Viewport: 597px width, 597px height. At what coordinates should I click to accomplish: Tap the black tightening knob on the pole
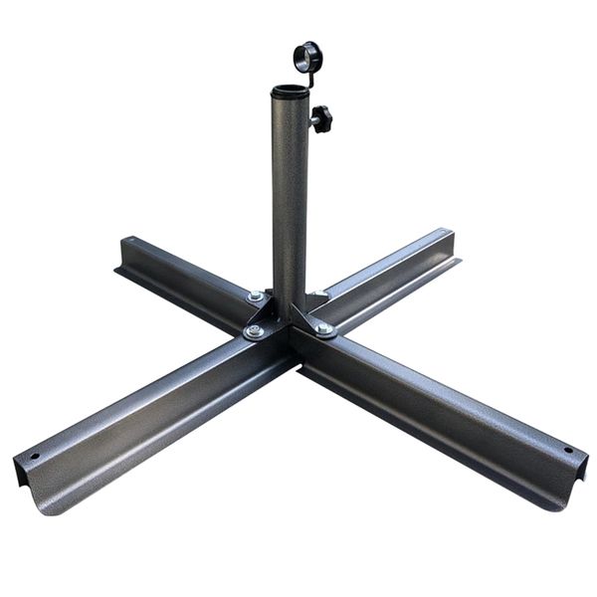tap(321, 118)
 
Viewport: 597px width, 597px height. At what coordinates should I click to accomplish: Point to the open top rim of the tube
tap(290, 92)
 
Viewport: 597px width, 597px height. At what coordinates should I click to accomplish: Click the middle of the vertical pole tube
tap(290, 199)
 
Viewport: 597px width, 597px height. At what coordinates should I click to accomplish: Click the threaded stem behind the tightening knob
tap(311, 119)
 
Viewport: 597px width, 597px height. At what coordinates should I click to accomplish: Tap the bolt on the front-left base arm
tap(255, 331)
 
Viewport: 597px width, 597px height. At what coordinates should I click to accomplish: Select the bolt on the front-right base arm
tap(324, 327)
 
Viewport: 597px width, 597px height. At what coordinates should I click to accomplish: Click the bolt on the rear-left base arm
tap(255, 296)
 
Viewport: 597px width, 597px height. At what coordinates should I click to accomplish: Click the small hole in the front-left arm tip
tap(36, 457)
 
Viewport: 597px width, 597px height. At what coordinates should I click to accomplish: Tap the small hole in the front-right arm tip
tap(568, 450)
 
